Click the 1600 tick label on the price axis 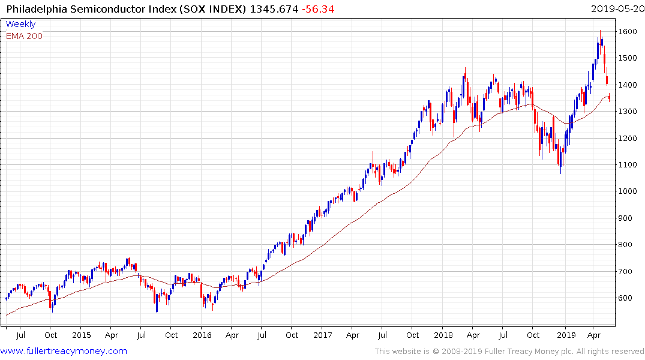coord(628,31)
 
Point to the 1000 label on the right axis coord(628,191)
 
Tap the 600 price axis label coord(626,298)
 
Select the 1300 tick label coord(628,112)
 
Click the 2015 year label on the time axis coord(81,335)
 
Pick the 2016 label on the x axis coord(202,335)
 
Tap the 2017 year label coord(322,335)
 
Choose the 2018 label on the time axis coord(443,335)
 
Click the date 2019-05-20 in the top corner coord(616,9)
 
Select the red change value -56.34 coord(317,9)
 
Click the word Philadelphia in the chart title coord(33,9)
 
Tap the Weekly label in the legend coord(20,24)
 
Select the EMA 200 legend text coord(24,36)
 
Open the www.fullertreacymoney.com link coord(64,351)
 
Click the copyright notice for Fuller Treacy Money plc coord(509,352)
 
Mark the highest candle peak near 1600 coord(600,31)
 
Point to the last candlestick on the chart coord(610,97)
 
